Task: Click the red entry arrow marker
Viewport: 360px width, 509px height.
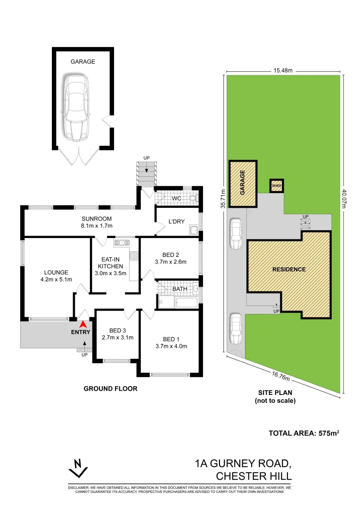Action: coord(83,324)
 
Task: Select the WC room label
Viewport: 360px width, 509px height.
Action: coord(176,198)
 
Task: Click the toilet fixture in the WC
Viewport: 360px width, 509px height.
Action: coord(192,199)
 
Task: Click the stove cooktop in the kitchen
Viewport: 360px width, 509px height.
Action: coord(134,256)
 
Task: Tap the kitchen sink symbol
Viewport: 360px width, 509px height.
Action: coord(122,243)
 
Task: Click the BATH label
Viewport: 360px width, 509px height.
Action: coord(180,289)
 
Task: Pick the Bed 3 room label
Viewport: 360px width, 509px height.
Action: coord(118,330)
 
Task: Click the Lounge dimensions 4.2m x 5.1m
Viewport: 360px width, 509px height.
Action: coord(56,279)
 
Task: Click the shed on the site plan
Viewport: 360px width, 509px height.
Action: coord(277,186)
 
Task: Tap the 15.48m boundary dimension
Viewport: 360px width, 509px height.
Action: coord(283,70)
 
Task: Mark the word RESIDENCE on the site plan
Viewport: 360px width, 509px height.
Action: coord(289,270)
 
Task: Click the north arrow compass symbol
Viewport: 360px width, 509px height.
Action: coord(78,468)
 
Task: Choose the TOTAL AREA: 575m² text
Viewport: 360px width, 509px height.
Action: coord(303,433)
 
